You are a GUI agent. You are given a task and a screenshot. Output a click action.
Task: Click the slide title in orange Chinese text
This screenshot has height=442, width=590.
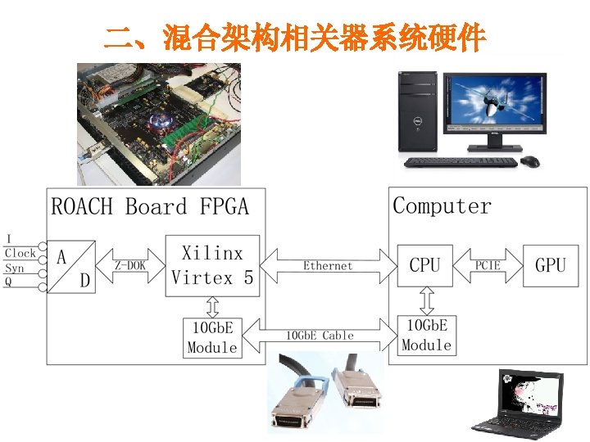295,38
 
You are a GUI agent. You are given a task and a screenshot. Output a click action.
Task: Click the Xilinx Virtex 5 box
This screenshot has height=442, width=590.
212,266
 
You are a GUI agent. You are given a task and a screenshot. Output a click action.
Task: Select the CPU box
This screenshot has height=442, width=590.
424,265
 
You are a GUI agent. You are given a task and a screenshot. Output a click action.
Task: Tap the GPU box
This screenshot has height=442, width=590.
550,265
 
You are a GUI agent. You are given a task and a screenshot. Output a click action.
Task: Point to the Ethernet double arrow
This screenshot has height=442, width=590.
328,265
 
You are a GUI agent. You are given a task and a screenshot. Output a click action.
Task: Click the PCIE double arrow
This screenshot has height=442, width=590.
488,265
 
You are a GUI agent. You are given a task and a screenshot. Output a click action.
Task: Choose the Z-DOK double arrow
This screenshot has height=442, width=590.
130,265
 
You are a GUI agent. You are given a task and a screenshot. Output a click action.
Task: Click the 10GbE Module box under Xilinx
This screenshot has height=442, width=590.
212,337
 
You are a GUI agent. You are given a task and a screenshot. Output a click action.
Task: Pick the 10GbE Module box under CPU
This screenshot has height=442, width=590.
426,335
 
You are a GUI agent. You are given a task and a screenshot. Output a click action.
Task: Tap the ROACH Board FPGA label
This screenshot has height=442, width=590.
149,206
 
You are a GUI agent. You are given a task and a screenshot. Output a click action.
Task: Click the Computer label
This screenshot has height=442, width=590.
442,205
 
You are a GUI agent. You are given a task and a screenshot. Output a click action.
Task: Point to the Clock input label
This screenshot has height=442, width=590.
20,254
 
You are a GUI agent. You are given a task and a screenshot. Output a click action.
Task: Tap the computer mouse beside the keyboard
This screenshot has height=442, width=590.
531,160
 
